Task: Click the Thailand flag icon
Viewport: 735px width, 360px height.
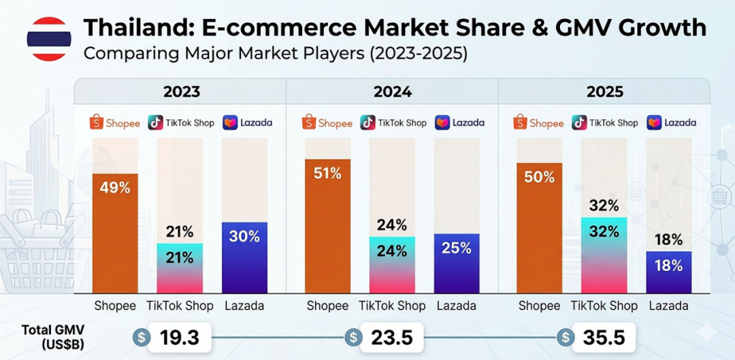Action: (49, 39)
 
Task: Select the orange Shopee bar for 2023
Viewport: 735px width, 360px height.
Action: (115, 233)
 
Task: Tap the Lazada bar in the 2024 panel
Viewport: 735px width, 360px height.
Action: (457, 263)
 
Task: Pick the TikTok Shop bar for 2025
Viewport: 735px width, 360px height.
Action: (604, 255)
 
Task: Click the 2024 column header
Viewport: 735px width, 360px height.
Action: (393, 91)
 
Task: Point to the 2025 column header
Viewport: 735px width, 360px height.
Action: (604, 91)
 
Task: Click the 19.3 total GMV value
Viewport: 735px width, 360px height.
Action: (180, 337)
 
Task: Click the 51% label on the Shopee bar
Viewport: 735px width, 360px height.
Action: (327, 174)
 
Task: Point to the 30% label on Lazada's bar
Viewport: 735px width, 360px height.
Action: (244, 236)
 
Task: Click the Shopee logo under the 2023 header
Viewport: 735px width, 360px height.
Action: (115, 122)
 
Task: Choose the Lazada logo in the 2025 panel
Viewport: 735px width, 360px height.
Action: (671, 122)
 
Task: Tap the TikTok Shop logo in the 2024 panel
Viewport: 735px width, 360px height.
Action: (393, 122)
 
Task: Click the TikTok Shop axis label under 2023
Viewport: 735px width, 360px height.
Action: (180, 306)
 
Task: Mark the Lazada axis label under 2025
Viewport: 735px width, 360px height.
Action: (669, 306)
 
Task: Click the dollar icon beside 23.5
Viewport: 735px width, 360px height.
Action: (353, 337)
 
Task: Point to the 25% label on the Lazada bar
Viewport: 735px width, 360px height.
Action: (456, 248)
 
